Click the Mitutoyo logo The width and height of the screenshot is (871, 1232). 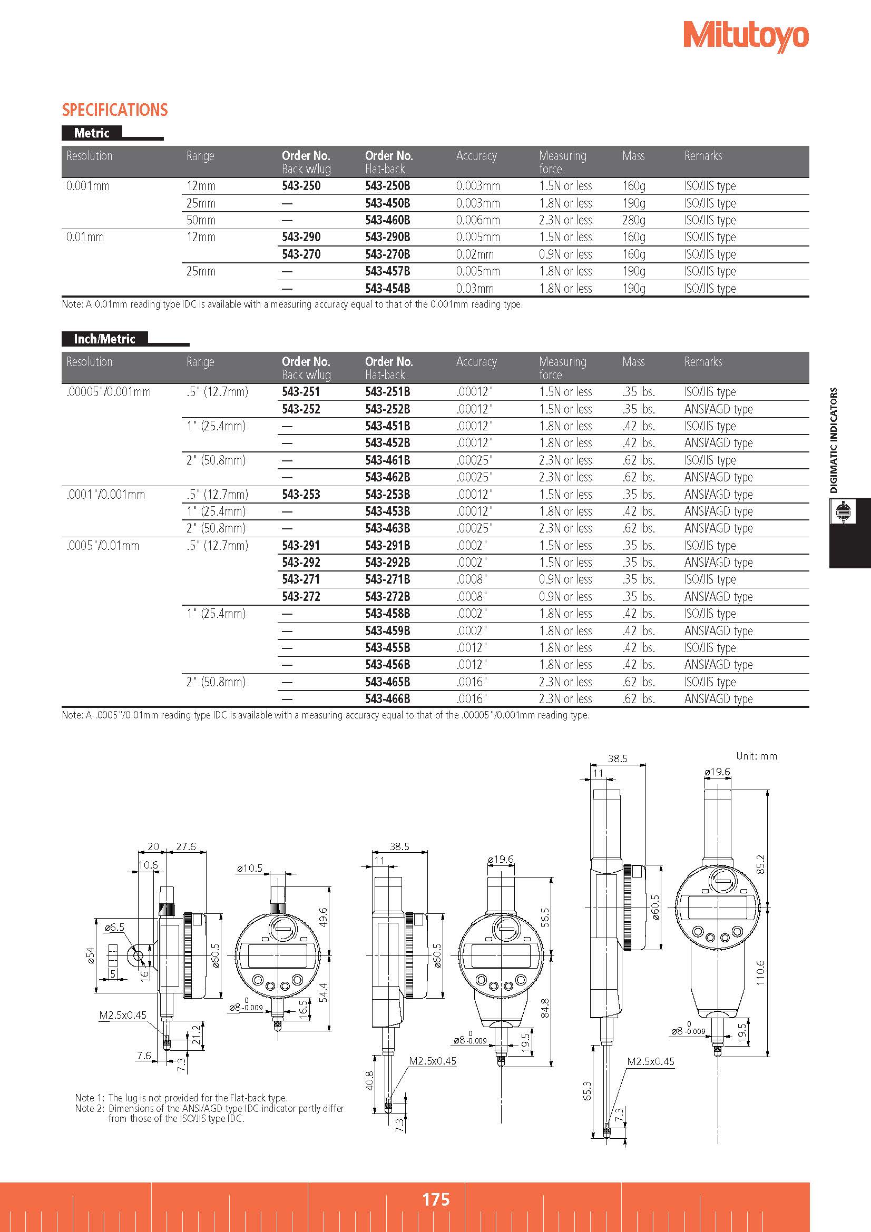[746, 37]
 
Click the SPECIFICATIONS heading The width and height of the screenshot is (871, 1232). [115, 110]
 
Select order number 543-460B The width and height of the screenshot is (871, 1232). [387, 220]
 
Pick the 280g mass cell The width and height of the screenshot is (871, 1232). [634, 220]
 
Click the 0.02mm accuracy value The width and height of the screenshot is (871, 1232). [474, 254]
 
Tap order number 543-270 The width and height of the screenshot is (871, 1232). [301, 254]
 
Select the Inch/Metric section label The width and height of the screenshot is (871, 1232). [105, 339]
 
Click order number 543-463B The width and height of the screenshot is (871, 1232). [387, 528]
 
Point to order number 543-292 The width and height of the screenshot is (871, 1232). [301, 563]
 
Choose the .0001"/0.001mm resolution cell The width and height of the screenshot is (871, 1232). [106, 494]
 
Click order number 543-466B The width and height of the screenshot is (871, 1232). [387, 698]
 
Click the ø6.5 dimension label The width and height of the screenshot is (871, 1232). [114, 927]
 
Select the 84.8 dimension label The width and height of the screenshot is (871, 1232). [545, 1008]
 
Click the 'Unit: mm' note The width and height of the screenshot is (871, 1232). [756, 756]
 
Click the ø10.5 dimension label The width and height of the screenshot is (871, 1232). [249, 868]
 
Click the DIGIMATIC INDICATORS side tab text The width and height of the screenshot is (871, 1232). [834, 440]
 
